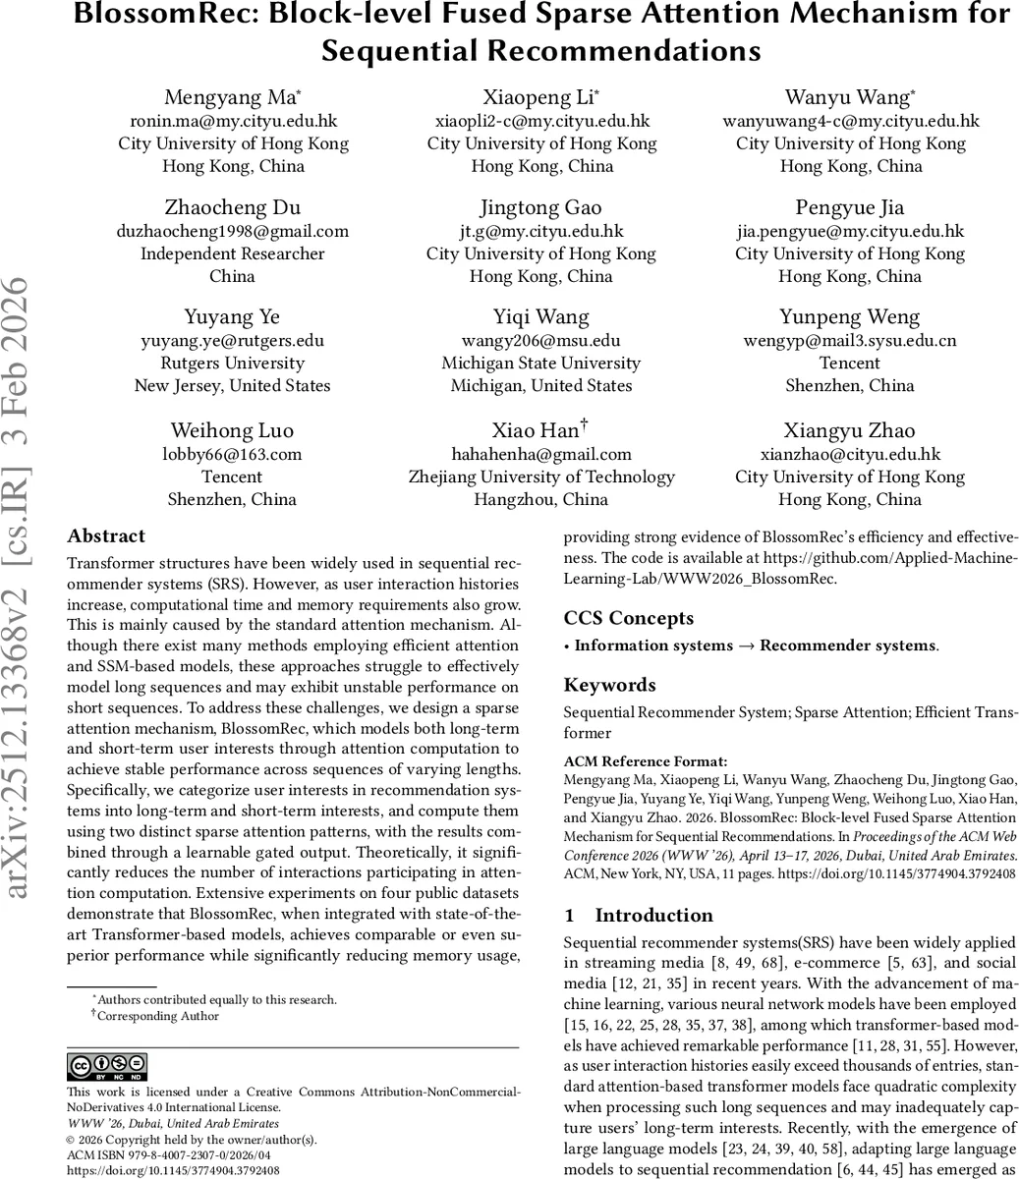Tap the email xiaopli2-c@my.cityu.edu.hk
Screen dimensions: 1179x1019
point(541,121)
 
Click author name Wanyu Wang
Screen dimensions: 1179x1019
point(850,97)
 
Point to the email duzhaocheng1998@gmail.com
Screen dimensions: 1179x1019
point(233,231)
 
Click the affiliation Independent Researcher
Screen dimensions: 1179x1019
point(233,253)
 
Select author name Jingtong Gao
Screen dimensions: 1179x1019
point(541,207)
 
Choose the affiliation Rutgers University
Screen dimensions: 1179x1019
point(233,363)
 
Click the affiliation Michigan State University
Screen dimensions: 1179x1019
point(541,363)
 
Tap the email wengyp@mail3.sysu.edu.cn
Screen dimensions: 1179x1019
point(850,341)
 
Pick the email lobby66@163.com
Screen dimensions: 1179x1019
point(233,454)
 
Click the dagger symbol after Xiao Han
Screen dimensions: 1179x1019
point(584,425)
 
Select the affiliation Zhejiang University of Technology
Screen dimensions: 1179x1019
point(541,477)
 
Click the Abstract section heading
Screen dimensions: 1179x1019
point(106,536)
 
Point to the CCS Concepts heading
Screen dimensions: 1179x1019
point(629,618)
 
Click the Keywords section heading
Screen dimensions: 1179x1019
point(609,685)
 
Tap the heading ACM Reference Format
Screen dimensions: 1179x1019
point(646,761)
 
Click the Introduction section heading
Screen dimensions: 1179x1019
point(653,916)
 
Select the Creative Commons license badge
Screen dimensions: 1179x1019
point(107,1066)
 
